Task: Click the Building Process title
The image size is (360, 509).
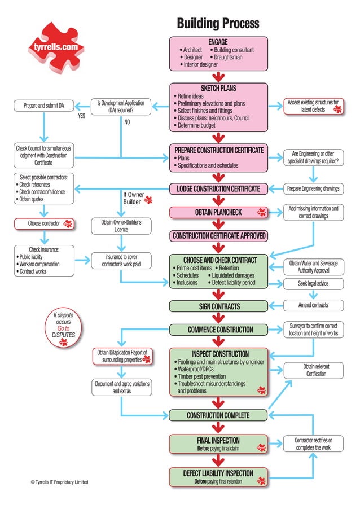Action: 218,23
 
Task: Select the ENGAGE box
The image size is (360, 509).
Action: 218,54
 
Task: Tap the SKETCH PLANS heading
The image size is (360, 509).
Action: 218,88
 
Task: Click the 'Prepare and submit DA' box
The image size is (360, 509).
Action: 43,106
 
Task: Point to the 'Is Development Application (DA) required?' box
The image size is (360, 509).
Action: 121,107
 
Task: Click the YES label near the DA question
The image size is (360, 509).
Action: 81,117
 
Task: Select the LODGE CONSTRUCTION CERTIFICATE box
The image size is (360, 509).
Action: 218,188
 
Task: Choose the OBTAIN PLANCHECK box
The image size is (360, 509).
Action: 218,212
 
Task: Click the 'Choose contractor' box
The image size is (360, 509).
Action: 43,224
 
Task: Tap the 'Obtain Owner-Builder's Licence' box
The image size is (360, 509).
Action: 121,226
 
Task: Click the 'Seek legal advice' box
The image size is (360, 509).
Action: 313,283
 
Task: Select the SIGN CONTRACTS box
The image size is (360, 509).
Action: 218,306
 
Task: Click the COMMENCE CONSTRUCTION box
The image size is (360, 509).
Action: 218,330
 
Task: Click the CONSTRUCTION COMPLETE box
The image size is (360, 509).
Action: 218,415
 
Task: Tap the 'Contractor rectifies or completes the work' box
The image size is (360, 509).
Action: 313,444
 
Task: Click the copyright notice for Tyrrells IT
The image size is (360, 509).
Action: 59,482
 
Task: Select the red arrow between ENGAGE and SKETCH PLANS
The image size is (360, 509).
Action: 219,77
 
